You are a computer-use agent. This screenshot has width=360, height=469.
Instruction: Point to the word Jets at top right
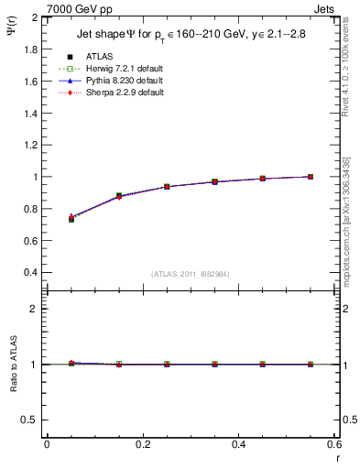pyautogui.click(x=323, y=8)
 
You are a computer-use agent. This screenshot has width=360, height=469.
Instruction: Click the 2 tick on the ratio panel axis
pyautogui.click(x=37, y=309)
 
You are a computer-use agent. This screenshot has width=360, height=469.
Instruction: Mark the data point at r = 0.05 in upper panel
pyautogui.click(x=71, y=218)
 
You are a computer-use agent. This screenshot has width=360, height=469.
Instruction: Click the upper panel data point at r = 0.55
pyautogui.click(x=311, y=177)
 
